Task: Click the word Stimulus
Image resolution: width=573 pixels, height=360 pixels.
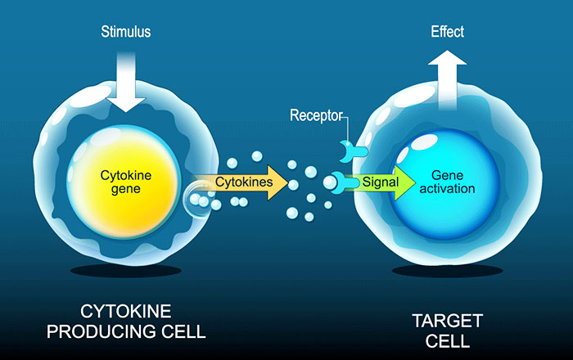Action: click(x=126, y=33)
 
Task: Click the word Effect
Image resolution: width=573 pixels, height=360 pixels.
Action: click(x=447, y=33)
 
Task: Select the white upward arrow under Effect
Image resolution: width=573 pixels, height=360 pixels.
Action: click(x=447, y=79)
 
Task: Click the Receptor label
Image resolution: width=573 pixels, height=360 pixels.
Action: click(x=318, y=115)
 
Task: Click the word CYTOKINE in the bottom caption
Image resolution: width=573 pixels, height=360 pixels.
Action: click(x=126, y=313)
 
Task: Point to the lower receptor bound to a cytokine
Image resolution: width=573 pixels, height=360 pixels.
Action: click(x=340, y=182)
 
